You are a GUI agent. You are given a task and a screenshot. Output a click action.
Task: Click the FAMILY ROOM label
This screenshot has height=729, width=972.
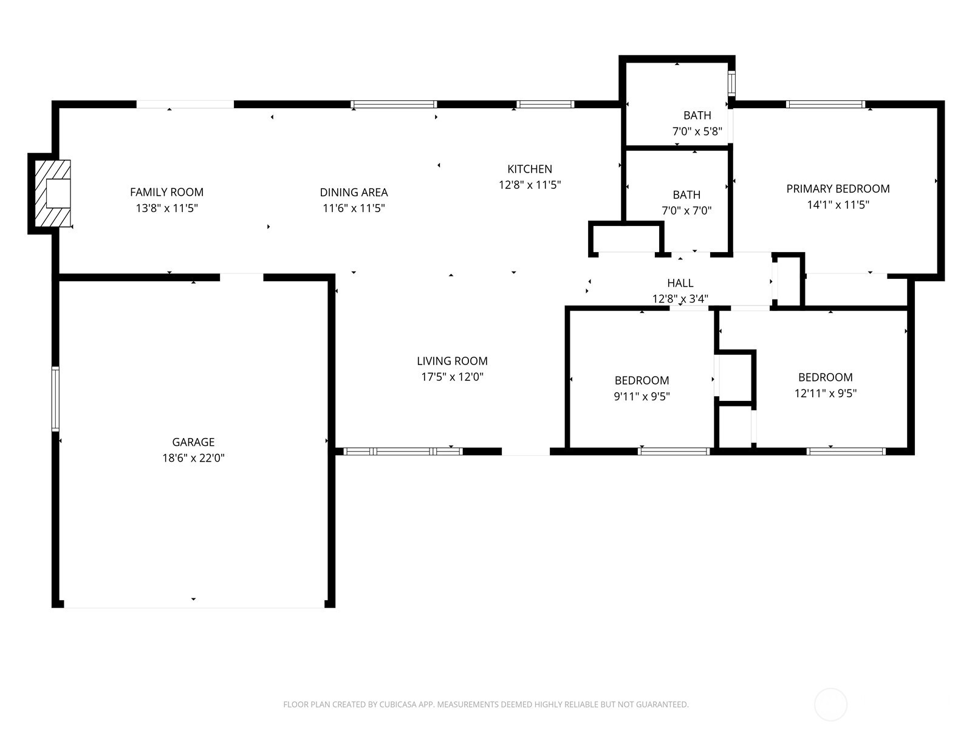tap(166, 192)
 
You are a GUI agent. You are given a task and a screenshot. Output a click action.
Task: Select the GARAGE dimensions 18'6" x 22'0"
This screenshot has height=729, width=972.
tap(193, 458)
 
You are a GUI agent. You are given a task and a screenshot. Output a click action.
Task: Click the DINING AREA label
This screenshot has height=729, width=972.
tap(354, 192)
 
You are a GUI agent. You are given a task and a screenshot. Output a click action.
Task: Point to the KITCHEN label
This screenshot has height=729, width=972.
tap(530, 169)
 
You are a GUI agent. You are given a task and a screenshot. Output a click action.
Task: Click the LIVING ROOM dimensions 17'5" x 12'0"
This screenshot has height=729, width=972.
tap(452, 377)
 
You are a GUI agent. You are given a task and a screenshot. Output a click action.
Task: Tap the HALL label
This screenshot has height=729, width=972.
tap(680, 282)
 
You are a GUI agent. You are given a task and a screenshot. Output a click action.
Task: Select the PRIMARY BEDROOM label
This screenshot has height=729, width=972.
tap(838, 188)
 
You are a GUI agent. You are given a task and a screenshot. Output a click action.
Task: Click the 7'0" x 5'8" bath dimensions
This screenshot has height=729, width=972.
tap(697, 131)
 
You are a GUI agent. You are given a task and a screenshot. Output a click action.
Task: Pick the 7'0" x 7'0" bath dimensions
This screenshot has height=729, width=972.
tap(686, 211)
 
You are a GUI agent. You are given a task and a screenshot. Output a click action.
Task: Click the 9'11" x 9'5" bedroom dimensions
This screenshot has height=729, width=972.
tap(642, 397)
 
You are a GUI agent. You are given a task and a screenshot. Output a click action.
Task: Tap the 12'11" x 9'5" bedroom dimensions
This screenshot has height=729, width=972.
tap(825, 393)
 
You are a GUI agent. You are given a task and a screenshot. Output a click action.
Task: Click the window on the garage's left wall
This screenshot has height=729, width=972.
tap(55, 399)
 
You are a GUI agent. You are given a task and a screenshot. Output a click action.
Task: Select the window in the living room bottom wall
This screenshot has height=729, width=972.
tap(403, 451)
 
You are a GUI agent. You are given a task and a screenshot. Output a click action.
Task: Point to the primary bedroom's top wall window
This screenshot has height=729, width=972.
tap(825, 104)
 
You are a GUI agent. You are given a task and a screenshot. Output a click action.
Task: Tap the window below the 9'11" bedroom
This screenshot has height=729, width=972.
tap(674, 451)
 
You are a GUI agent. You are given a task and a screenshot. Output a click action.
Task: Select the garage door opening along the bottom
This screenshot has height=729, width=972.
tap(193, 606)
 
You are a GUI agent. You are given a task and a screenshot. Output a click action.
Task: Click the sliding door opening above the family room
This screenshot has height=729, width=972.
tap(185, 104)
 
